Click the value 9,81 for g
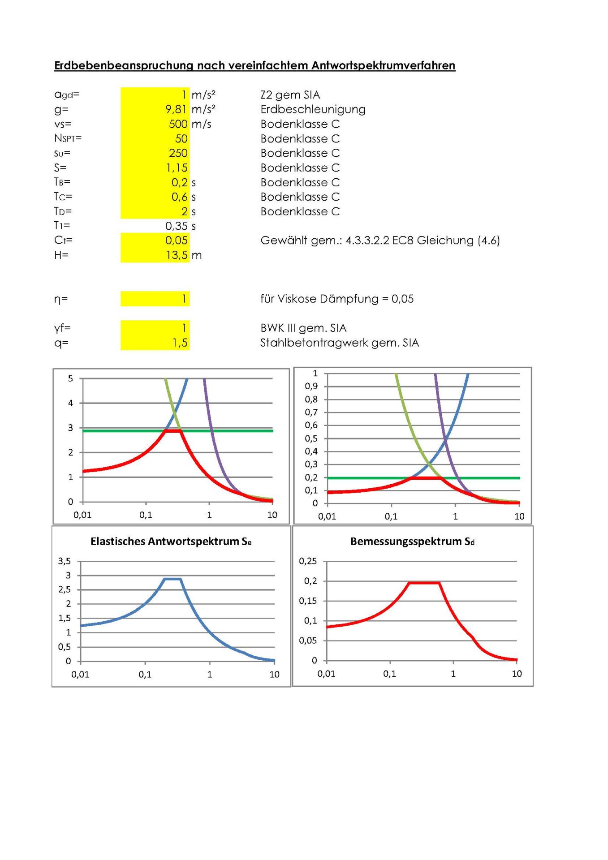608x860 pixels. click(x=176, y=109)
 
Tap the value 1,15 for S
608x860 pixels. click(x=177, y=168)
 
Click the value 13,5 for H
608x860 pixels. click(x=177, y=255)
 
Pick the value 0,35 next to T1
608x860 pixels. click(x=176, y=226)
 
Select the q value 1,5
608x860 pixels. click(x=180, y=343)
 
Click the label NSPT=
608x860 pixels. click(x=68, y=138)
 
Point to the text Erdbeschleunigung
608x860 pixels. click(x=313, y=109)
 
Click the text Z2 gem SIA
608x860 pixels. click(x=290, y=95)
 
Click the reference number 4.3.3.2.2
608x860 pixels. click(x=367, y=241)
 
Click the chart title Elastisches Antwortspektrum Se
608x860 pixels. click(x=171, y=542)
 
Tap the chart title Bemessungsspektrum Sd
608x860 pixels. click(x=412, y=542)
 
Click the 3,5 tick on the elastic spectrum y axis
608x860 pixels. click(x=65, y=561)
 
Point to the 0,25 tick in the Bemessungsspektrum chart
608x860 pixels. click(x=308, y=561)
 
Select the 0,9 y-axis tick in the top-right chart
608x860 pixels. click(x=311, y=386)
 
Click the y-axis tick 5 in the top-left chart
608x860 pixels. click(x=70, y=378)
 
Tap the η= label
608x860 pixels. click(x=61, y=299)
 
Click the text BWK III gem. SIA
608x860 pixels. click(x=303, y=328)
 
